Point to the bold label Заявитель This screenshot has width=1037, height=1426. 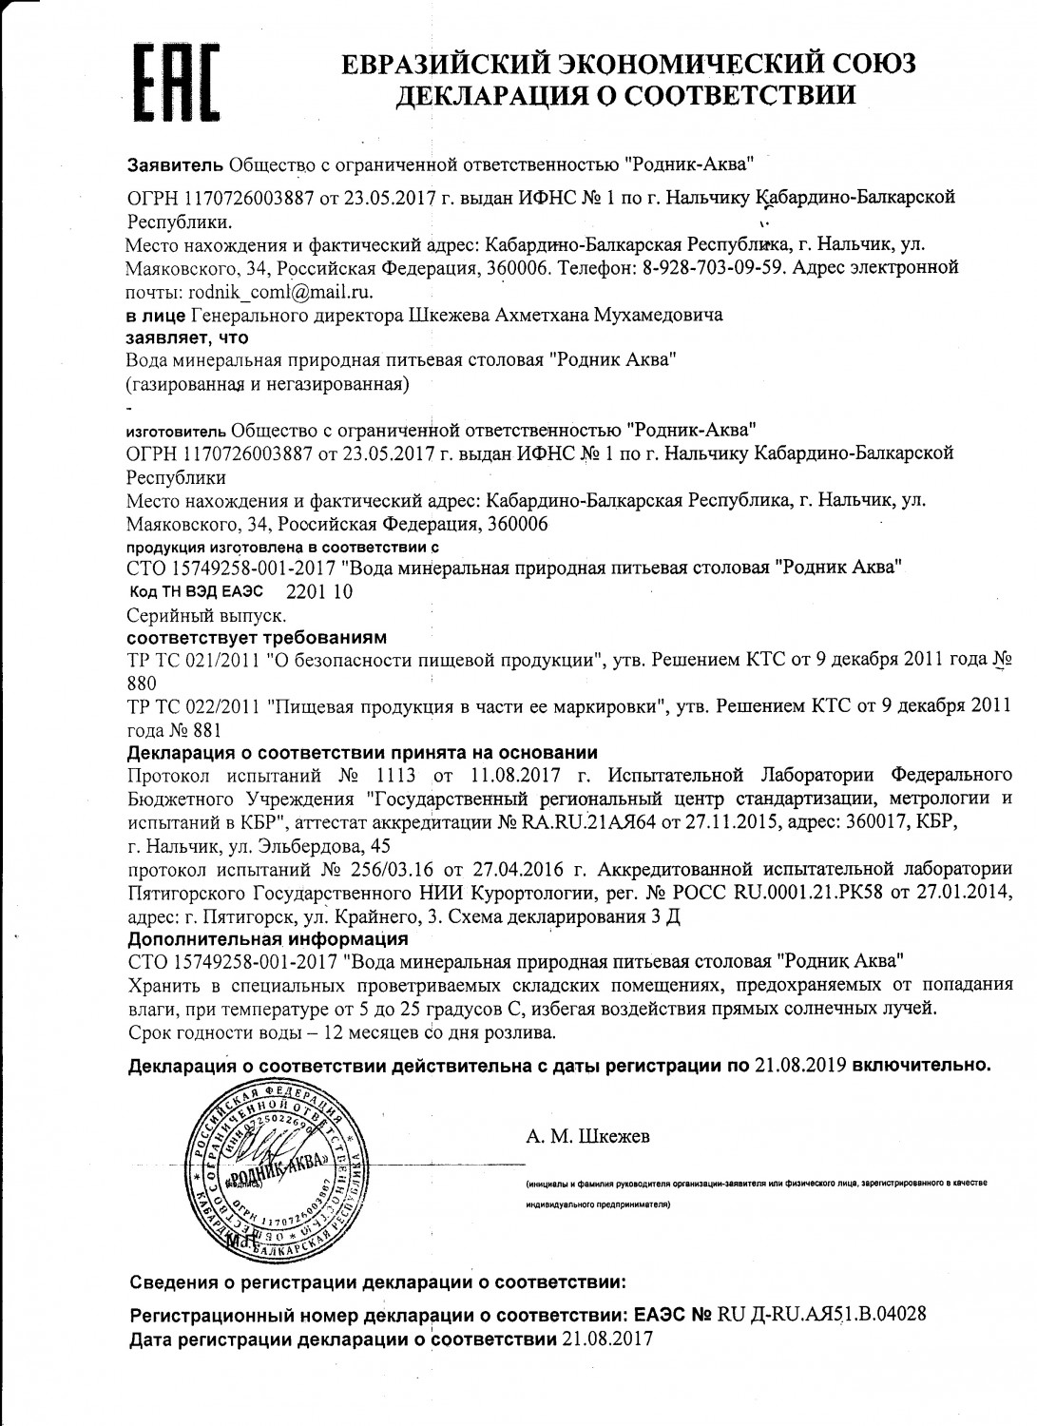[176, 164]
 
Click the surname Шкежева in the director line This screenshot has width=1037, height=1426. [447, 315]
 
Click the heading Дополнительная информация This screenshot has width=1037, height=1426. [268, 939]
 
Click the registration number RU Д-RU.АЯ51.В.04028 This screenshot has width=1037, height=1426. [822, 1316]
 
